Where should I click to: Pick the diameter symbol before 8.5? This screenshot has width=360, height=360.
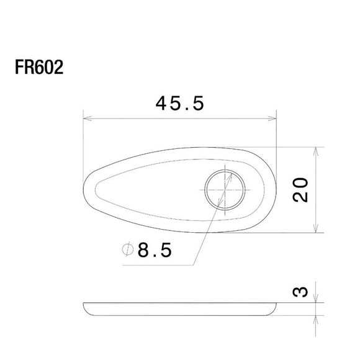click(127, 251)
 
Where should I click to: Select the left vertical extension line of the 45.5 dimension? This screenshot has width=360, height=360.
click(83, 149)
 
